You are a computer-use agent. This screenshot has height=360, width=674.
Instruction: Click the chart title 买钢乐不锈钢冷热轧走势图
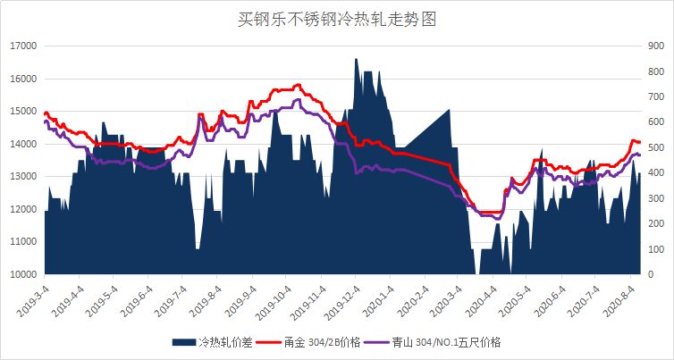pos(337,18)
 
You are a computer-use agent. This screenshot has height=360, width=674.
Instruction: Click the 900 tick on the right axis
pos(653,46)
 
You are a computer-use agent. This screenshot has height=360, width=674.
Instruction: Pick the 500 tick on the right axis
pos(653,147)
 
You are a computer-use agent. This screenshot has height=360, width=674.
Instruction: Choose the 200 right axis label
pos(653,223)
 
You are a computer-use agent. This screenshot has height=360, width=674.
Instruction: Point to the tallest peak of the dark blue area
pos(356,60)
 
